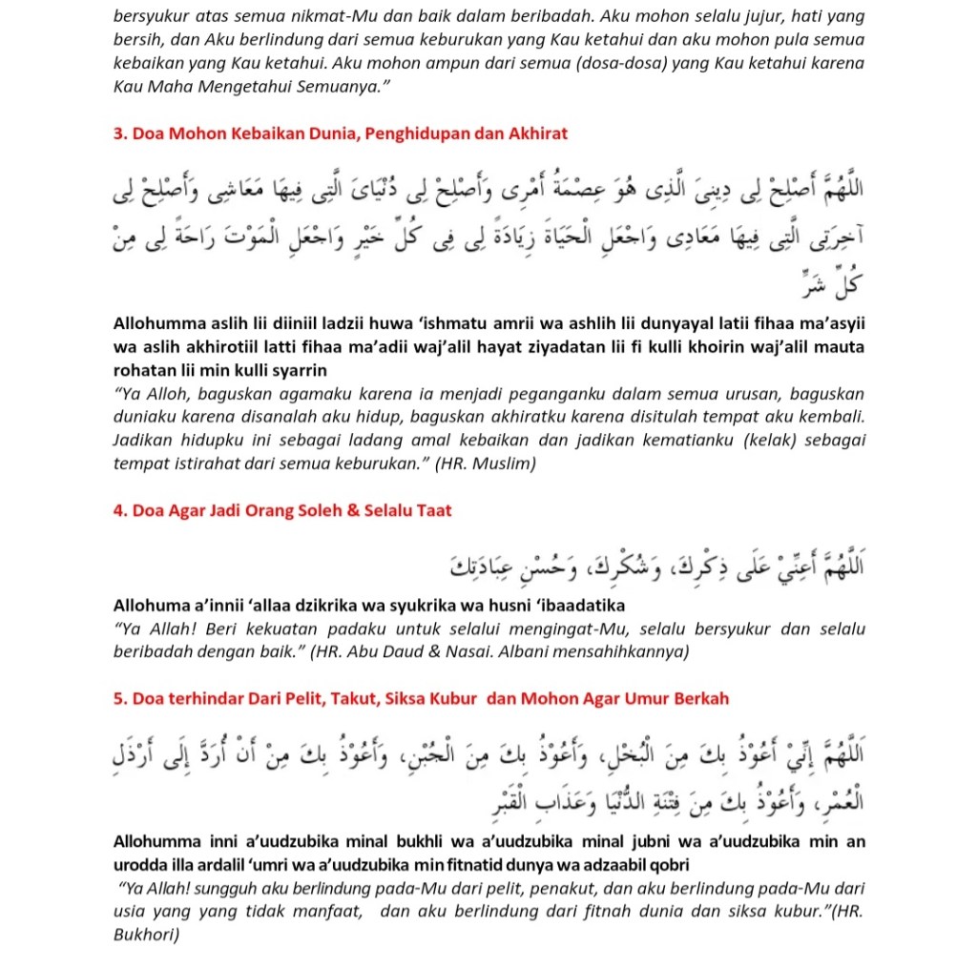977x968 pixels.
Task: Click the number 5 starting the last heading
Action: pyautogui.click(x=119, y=699)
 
